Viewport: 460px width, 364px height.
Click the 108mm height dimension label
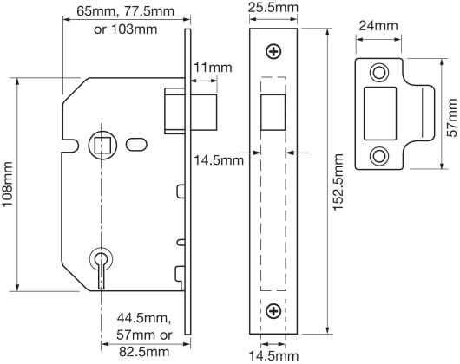click(x=7, y=185)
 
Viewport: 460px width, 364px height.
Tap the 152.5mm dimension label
click(x=338, y=182)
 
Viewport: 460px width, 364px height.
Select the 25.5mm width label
click(x=273, y=8)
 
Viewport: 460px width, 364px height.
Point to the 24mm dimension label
click(x=378, y=26)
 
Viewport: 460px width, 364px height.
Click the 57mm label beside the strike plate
click(x=452, y=118)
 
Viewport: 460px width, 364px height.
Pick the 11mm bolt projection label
click(x=213, y=68)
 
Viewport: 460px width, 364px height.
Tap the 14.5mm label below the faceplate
click(x=273, y=356)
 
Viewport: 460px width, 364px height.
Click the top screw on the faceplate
click(x=273, y=52)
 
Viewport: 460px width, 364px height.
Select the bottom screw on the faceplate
click(x=273, y=311)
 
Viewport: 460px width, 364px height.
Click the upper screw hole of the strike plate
click(x=379, y=72)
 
